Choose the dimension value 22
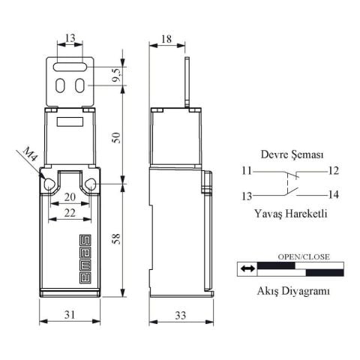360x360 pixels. click(69, 212)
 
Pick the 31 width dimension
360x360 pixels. click(68, 316)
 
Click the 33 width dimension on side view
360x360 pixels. click(180, 316)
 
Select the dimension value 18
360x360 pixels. click(166, 37)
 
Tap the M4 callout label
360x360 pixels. click(28, 156)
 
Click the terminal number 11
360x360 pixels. click(247, 170)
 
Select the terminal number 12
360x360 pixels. click(334, 170)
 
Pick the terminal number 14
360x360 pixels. click(334, 195)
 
